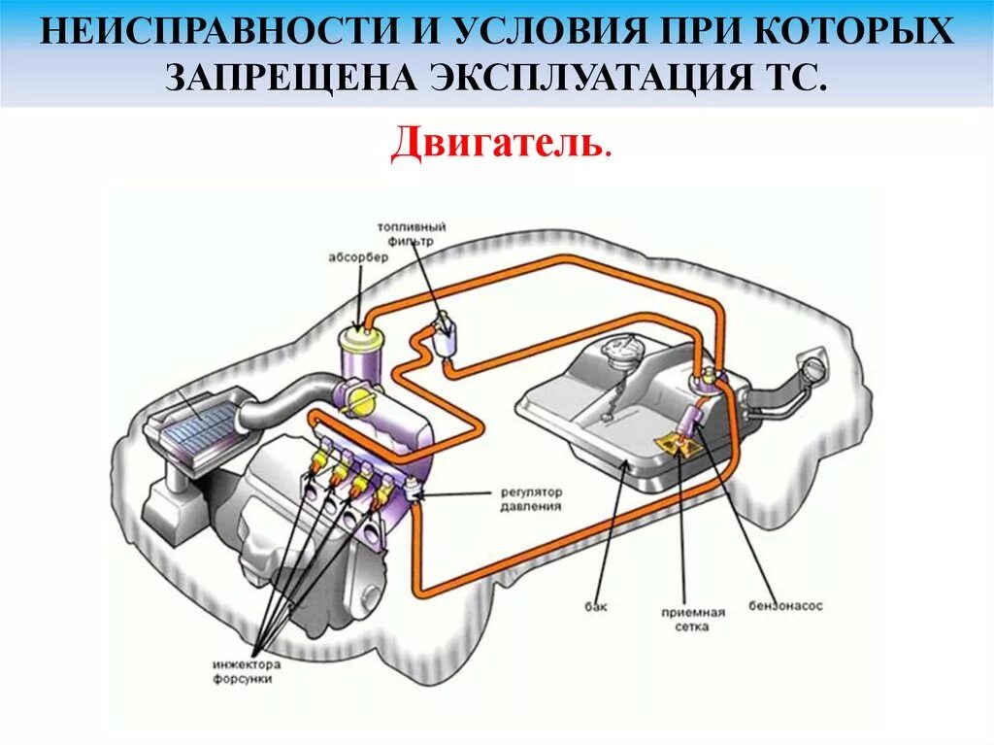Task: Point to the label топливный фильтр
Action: (407, 233)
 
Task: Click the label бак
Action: (596, 607)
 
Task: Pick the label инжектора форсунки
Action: (246, 672)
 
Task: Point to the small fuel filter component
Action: (445, 334)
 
